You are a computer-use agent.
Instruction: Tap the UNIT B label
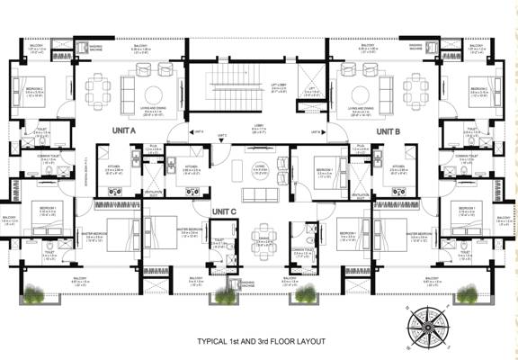coord(388,131)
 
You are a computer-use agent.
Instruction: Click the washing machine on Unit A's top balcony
coord(82,46)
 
